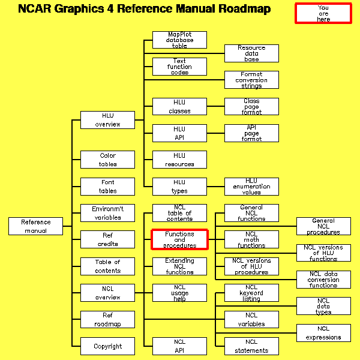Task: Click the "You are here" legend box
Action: pos(323,13)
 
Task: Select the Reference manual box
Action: pos(35,226)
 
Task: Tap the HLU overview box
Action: pos(107,120)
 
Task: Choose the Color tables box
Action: pos(107,160)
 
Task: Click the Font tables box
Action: pos(107,187)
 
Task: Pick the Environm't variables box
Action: pos(107,213)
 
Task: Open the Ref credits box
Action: pos(107,239)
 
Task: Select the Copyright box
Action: pos(107,346)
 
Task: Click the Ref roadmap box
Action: pos(107,319)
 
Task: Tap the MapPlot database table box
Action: pos(179,40)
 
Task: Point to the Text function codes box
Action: pos(179,67)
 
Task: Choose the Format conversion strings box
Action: pos(251,80)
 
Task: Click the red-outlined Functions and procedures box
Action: pos(179,239)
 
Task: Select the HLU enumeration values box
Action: pos(251,187)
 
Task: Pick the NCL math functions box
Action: pos(251,239)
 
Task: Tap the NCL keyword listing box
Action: pos(251,293)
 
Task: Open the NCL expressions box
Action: pos(323,333)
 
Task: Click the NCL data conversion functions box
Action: pos(323,280)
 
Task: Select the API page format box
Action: pos(251,133)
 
